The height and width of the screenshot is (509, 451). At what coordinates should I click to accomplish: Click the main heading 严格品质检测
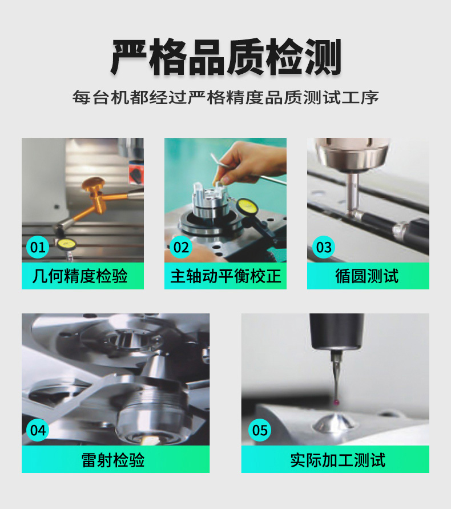(x=226, y=57)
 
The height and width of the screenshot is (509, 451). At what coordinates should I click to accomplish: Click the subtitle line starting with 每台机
(x=226, y=97)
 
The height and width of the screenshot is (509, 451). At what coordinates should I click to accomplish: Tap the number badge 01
(x=38, y=247)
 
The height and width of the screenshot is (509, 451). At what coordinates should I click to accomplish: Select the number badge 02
(x=181, y=247)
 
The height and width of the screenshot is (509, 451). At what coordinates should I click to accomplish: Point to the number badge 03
(x=324, y=247)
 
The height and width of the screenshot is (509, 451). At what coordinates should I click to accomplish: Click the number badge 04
(x=38, y=430)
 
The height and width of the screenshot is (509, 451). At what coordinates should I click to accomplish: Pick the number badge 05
(x=260, y=430)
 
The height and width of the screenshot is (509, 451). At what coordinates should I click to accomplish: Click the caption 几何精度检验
(x=80, y=276)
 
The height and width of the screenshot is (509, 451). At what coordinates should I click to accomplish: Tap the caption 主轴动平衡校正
(x=226, y=276)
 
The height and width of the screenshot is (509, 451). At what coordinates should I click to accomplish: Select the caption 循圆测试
(x=367, y=276)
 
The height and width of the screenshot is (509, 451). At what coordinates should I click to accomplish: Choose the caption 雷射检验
(x=113, y=460)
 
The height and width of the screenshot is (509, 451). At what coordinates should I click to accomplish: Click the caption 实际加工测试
(x=337, y=460)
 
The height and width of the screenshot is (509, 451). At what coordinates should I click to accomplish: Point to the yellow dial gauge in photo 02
(x=246, y=206)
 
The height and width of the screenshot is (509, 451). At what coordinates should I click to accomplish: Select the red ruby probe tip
(x=337, y=402)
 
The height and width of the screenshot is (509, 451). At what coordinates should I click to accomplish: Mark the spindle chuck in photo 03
(x=352, y=154)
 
